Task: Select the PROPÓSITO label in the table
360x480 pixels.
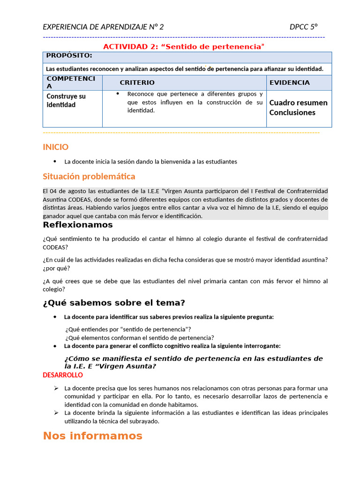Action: click(69, 56)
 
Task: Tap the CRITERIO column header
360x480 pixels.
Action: click(137, 82)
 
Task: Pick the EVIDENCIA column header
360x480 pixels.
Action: click(289, 82)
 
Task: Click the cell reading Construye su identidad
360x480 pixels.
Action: click(66, 100)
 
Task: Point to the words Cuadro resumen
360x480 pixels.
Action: click(298, 103)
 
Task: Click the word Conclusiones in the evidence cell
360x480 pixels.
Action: click(292, 112)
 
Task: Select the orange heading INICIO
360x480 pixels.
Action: click(55, 147)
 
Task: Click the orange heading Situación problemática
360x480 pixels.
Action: click(89, 177)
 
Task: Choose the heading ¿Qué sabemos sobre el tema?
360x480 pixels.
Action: click(114, 303)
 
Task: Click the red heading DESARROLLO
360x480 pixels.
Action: click(63, 375)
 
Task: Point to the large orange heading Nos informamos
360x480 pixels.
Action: click(92, 436)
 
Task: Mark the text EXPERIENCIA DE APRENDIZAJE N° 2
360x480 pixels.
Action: click(104, 27)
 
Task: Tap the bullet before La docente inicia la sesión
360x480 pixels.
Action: click(55, 162)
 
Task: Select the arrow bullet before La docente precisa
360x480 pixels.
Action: click(55, 388)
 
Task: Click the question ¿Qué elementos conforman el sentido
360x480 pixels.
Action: click(140, 337)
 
